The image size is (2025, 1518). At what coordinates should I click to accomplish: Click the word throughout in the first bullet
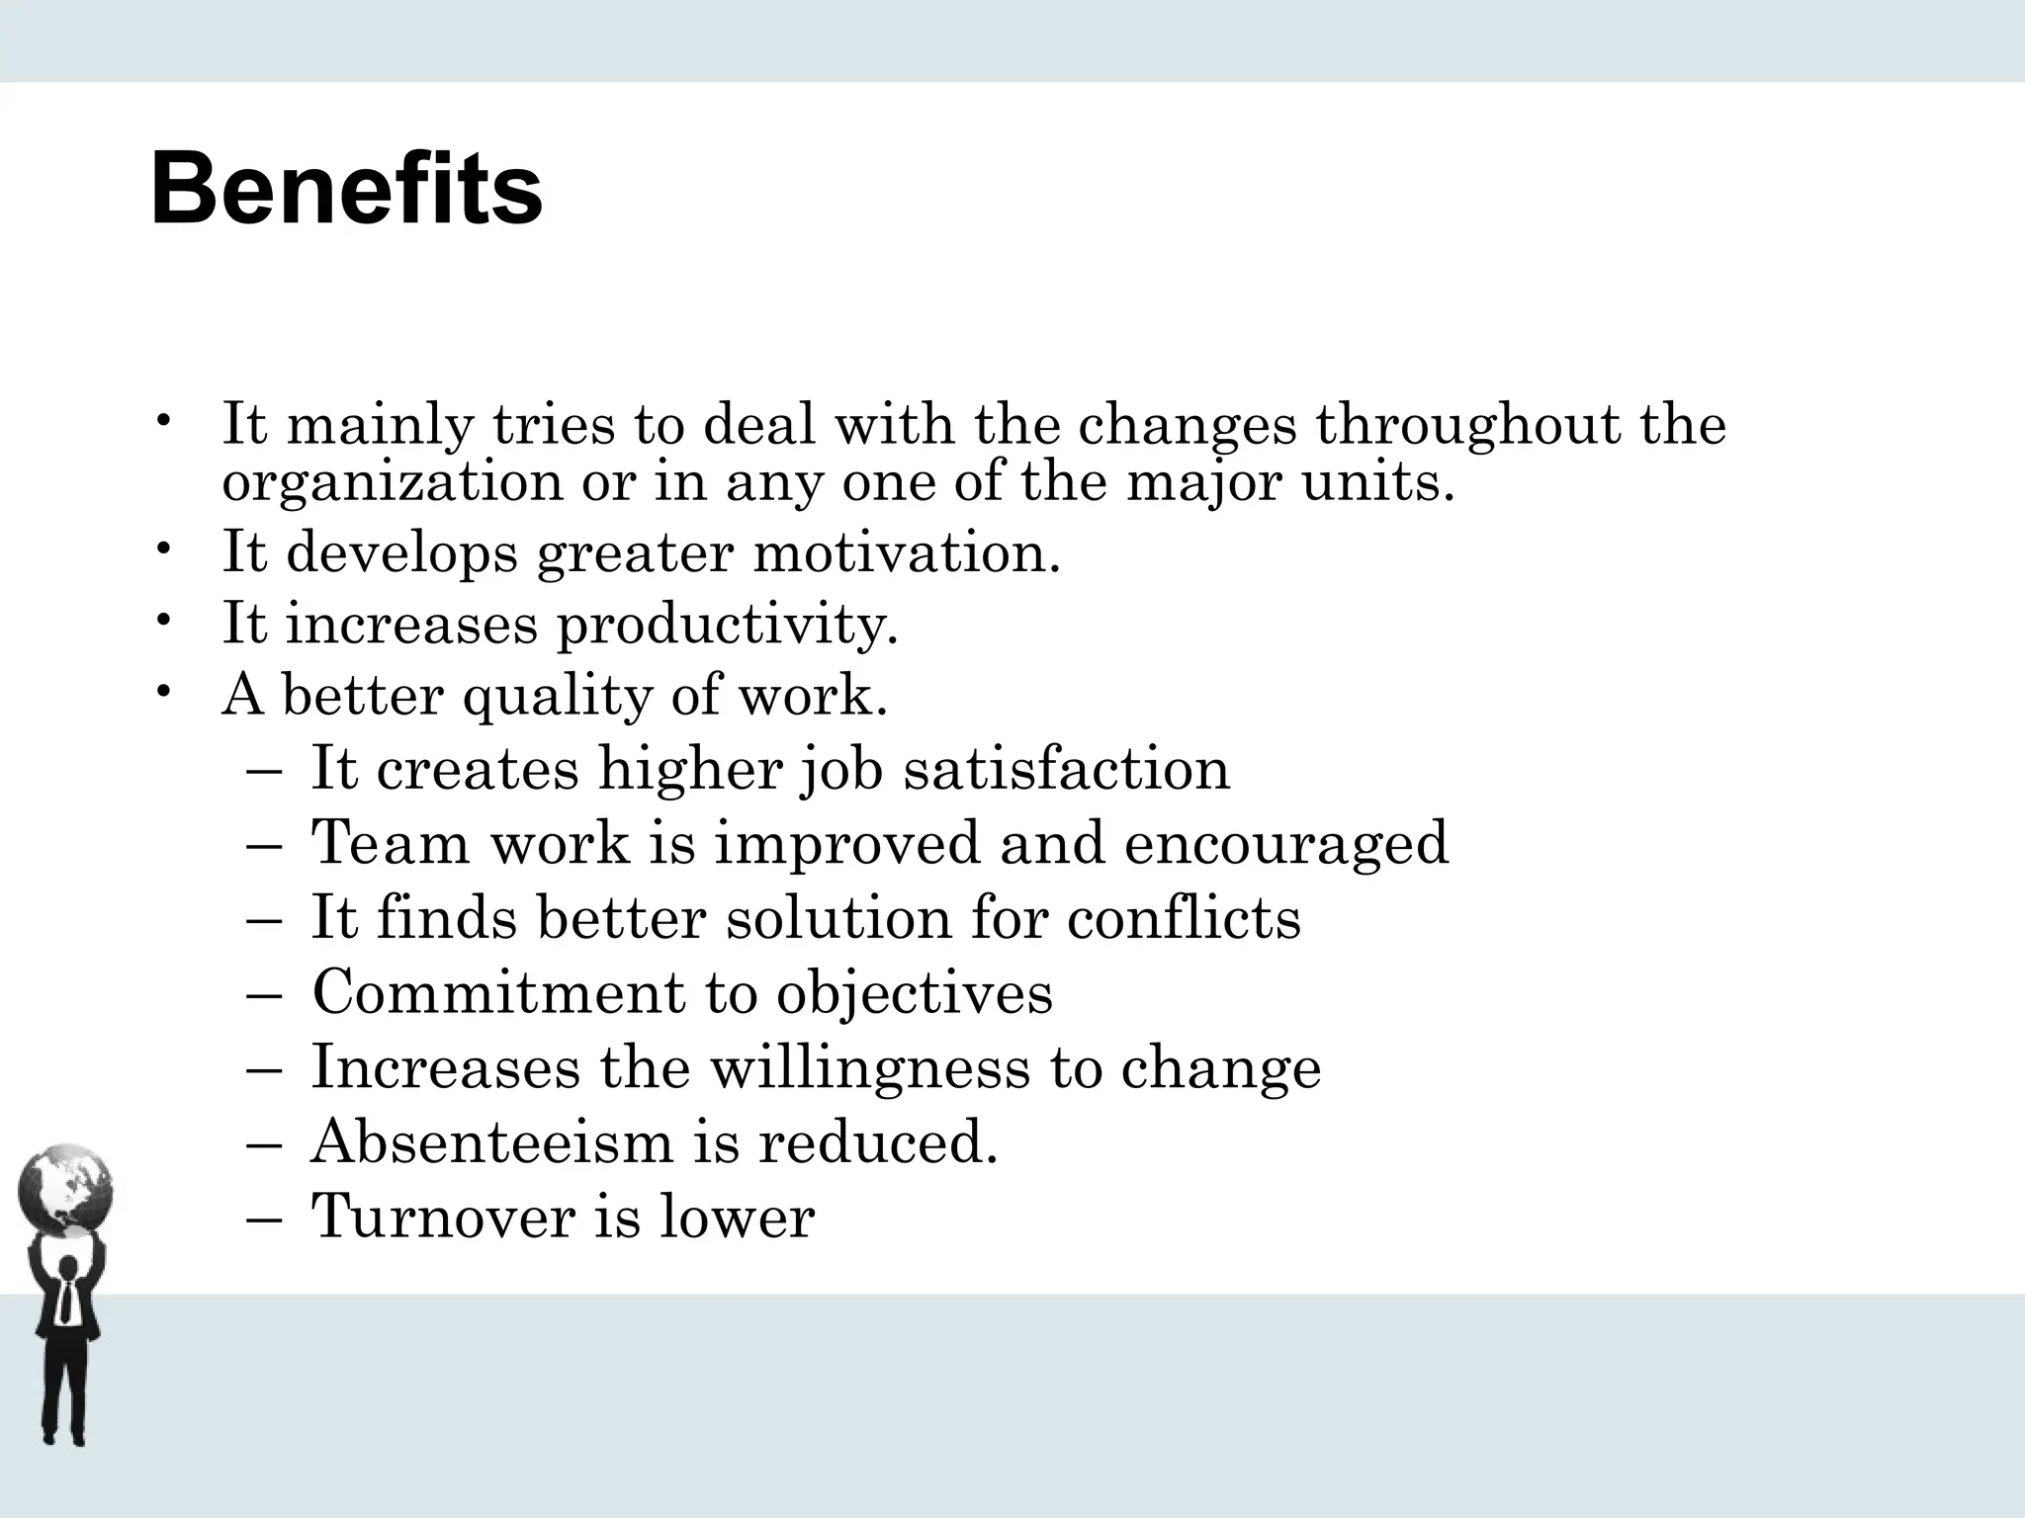[1467, 425]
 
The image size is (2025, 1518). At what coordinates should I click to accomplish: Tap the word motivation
[906, 550]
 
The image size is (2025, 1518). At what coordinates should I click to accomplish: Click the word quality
[557, 696]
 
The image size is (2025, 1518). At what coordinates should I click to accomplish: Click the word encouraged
[1285, 843]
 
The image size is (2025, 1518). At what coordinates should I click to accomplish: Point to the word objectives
[915, 993]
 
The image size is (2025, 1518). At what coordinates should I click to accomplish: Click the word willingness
[870, 1068]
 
